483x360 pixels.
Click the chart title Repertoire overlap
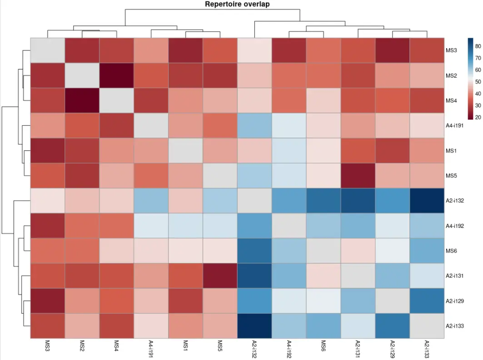coord(238,5)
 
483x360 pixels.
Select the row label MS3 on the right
coord(451,50)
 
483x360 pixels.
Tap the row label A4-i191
coord(454,125)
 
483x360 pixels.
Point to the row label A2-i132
coord(454,200)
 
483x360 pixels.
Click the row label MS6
coord(451,251)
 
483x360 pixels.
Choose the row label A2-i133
coord(454,325)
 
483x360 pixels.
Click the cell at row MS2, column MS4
coord(117,75)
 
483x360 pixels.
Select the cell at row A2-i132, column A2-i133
coord(427,200)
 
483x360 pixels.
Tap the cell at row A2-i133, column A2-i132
coord(254,325)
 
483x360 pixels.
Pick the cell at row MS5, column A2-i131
coord(358,175)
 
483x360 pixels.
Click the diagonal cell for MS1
coord(185,150)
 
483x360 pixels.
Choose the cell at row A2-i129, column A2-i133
coord(427,301)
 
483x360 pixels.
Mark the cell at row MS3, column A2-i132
coord(254,50)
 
